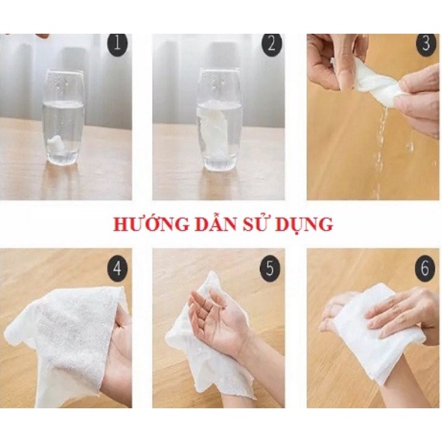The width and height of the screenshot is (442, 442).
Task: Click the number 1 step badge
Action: [x=117, y=44]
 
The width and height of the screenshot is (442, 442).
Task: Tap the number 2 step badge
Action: [x=271, y=44]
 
